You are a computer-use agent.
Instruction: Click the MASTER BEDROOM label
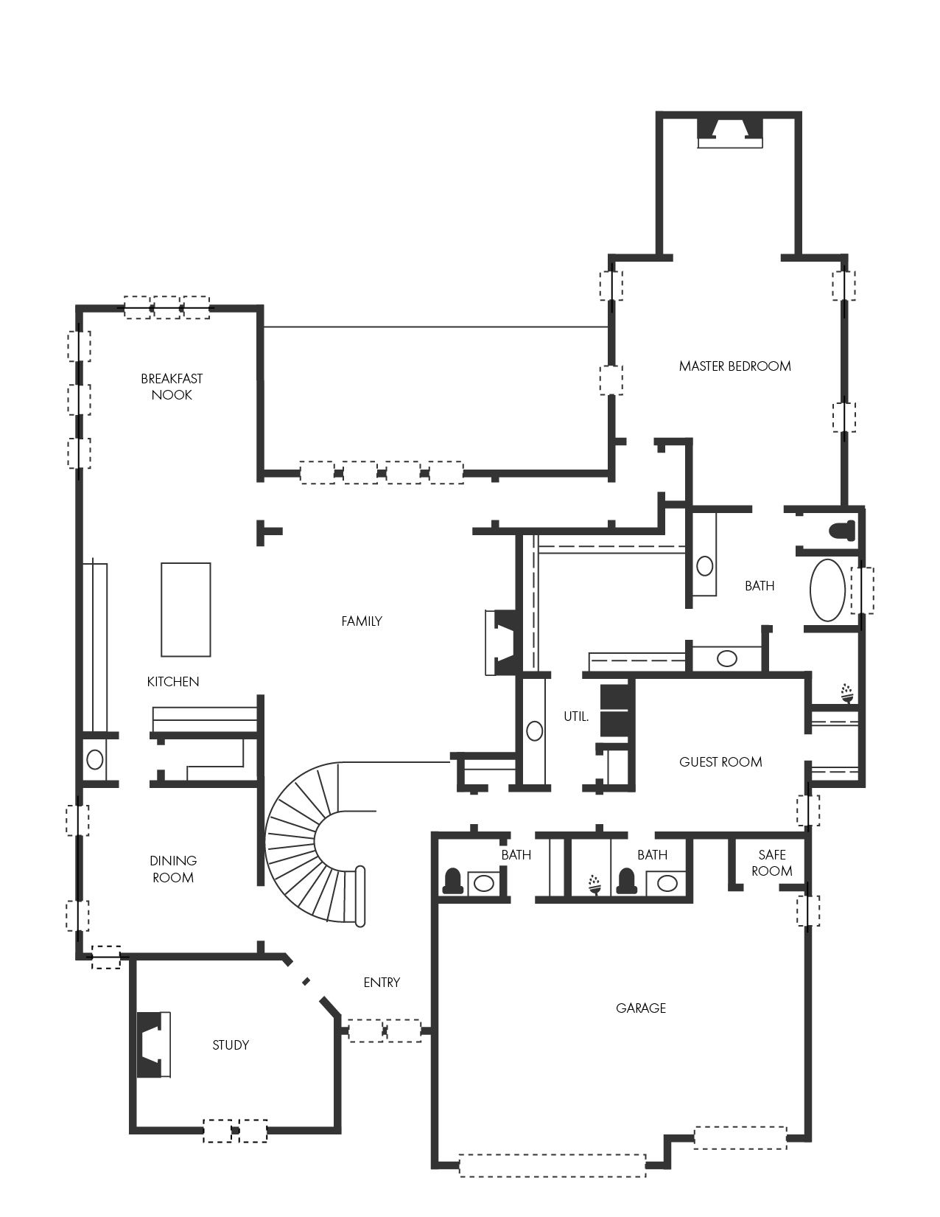point(734,366)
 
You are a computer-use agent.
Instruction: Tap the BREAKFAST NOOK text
point(172,386)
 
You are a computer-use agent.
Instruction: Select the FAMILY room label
point(362,621)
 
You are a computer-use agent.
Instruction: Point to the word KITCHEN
point(173,682)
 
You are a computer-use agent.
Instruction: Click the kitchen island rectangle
point(186,610)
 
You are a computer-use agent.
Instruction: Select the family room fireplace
point(504,642)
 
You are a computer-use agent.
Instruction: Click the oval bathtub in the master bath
point(827,590)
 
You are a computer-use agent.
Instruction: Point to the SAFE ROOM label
point(771,862)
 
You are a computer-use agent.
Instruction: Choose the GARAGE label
point(641,1008)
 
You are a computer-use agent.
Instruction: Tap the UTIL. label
point(576,716)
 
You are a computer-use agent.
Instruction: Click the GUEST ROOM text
point(720,761)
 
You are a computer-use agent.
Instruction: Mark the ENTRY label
point(382,983)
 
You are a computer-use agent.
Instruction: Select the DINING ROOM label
point(173,869)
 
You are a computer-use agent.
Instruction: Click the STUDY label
point(231,1045)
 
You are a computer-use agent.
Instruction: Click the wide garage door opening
point(553,1165)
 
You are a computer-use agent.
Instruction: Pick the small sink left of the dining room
point(94,760)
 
